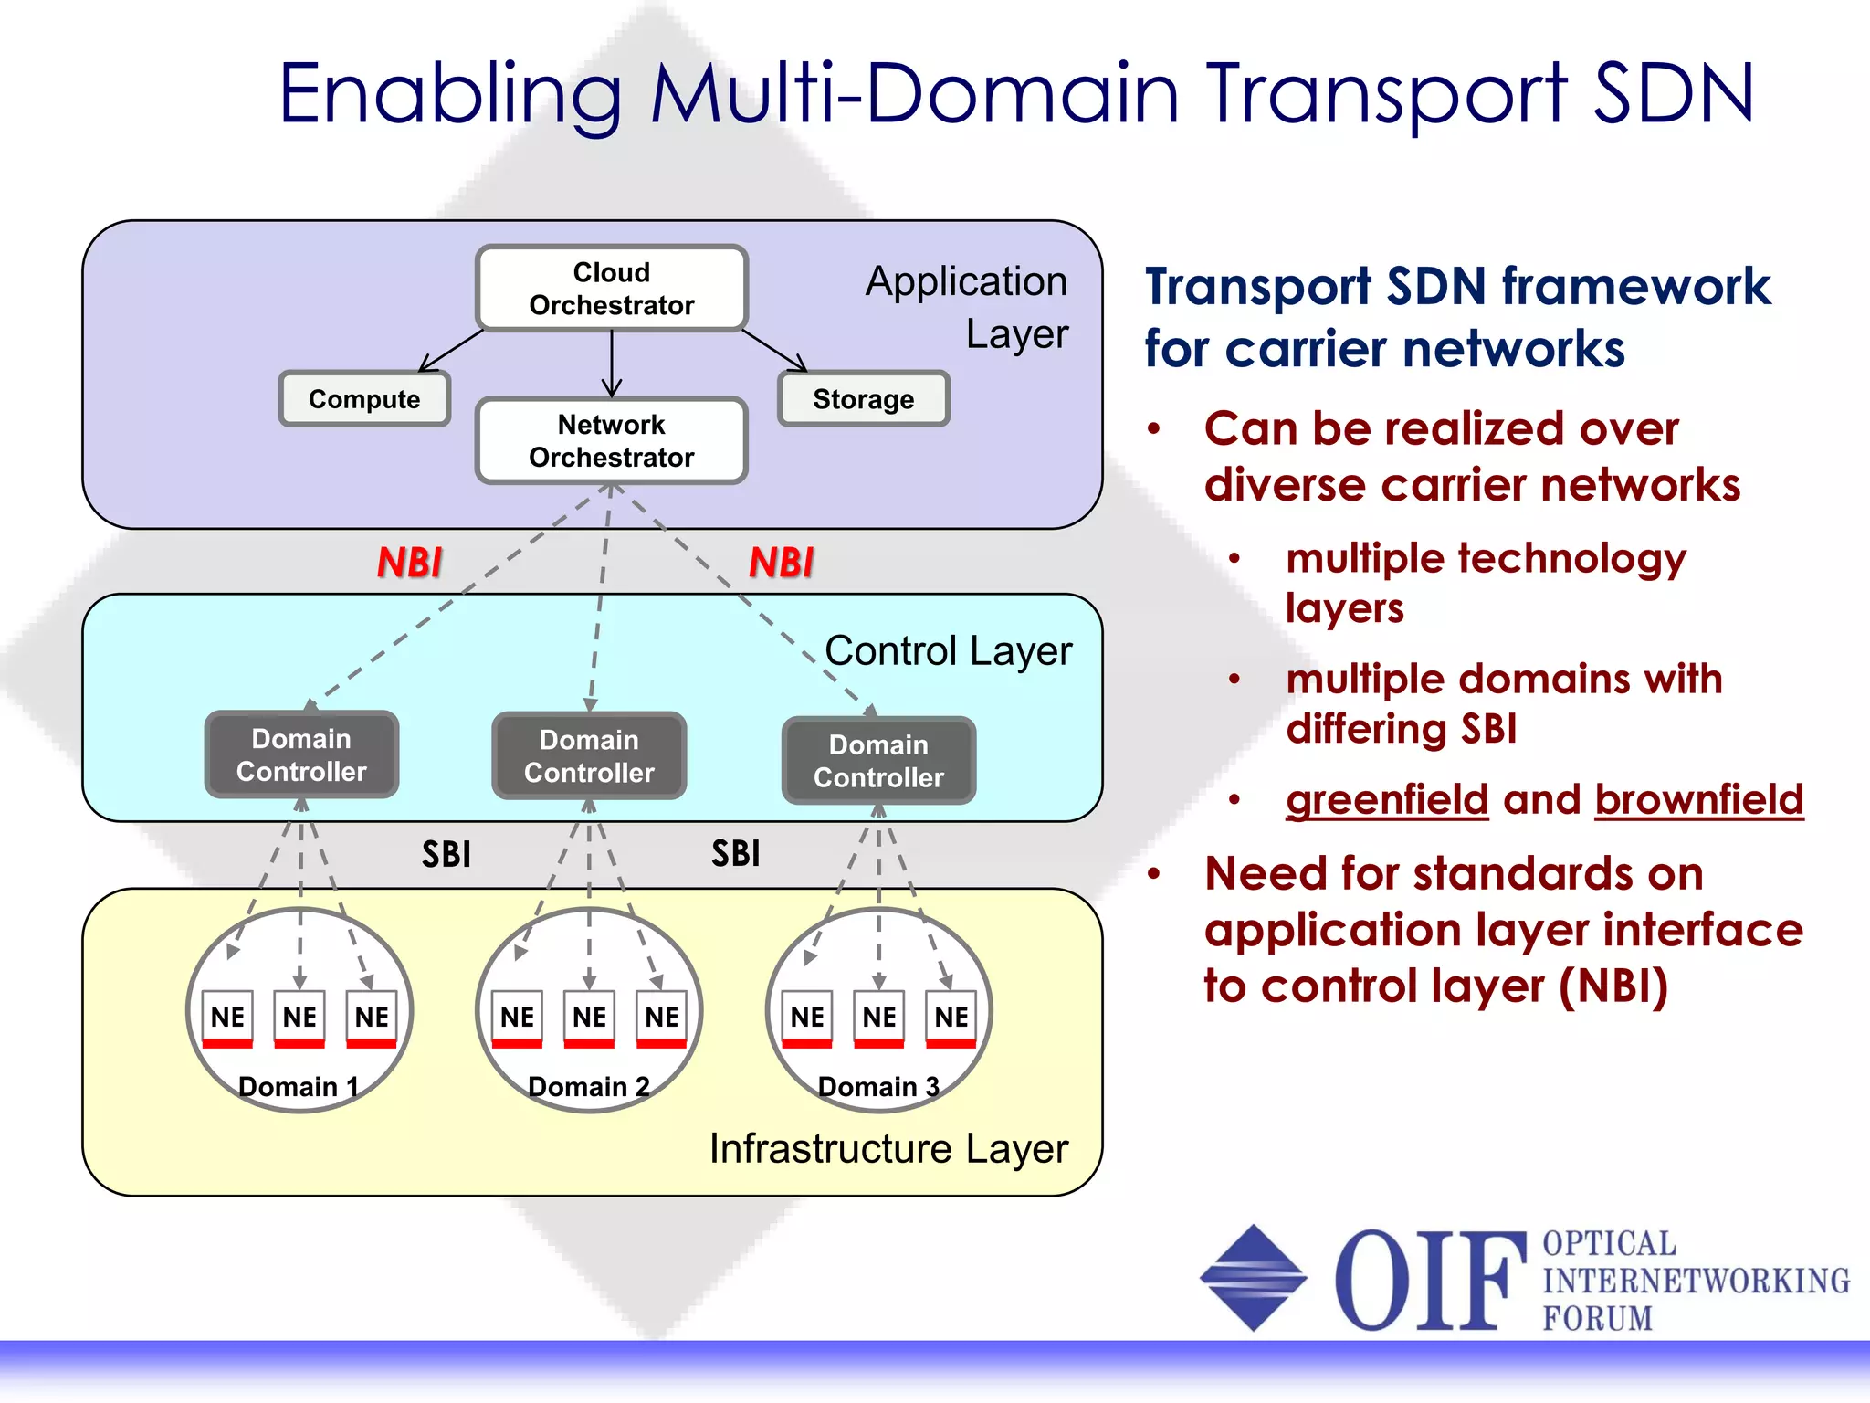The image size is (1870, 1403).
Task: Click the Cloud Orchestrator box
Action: (611, 289)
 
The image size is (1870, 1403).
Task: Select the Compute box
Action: (364, 399)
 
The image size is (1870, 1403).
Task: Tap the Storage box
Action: (863, 399)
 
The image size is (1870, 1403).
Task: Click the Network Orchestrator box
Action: (611, 440)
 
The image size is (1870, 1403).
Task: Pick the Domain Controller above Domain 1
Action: (301, 754)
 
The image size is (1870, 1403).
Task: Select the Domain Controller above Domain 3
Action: (878, 760)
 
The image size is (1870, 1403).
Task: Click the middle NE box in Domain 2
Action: (589, 1017)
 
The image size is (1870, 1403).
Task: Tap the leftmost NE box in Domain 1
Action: (227, 1017)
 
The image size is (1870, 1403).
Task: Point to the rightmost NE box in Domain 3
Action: (951, 1017)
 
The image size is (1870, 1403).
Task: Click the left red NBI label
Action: (409, 563)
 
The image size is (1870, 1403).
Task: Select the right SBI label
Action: (735, 854)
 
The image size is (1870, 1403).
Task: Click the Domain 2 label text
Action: (589, 1087)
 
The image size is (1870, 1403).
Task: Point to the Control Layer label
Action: (948, 651)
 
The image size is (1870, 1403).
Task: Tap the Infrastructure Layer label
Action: (888, 1149)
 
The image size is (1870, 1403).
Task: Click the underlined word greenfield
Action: (1387, 800)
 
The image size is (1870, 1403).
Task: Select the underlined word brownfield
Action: (1698, 800)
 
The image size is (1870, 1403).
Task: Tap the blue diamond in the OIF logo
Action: (1253, 1278)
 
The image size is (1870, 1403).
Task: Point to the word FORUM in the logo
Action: (1597, 1318)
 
